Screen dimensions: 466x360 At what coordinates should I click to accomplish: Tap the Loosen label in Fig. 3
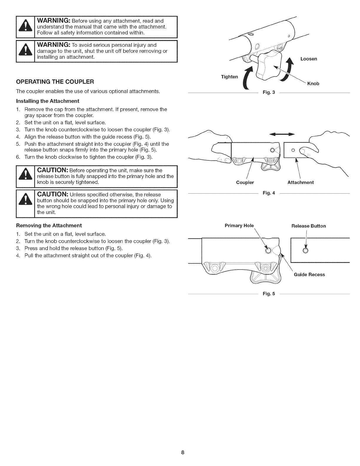pos(309,59)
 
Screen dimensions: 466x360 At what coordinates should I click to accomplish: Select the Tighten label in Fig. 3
pos(229,77)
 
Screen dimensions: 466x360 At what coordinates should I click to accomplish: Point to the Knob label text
pos(313,84)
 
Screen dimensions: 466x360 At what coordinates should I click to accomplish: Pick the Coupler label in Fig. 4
pos(245,182)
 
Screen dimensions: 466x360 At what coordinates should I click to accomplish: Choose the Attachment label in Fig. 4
pos(300,182)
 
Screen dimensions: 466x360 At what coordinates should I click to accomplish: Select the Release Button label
pos(309,226)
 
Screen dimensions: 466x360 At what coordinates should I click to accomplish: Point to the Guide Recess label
pos(309,274)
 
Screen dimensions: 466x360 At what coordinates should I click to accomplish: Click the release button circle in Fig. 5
pos(305,251)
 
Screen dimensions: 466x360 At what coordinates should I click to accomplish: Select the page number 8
pos(183,452)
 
